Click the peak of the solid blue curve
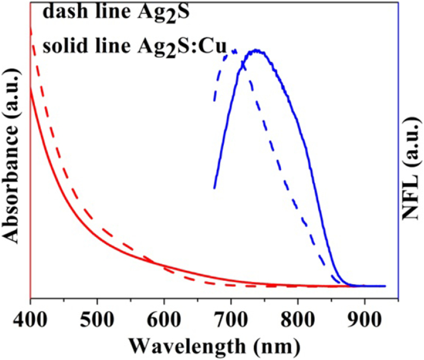pyautogui.click(x=257, y=51)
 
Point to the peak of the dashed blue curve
pyautogui.click(x=232, y=51)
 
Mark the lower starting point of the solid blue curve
pyautogui.click(x=214, y=188)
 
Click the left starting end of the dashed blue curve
pyautogui.click(x=214, y=101)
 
